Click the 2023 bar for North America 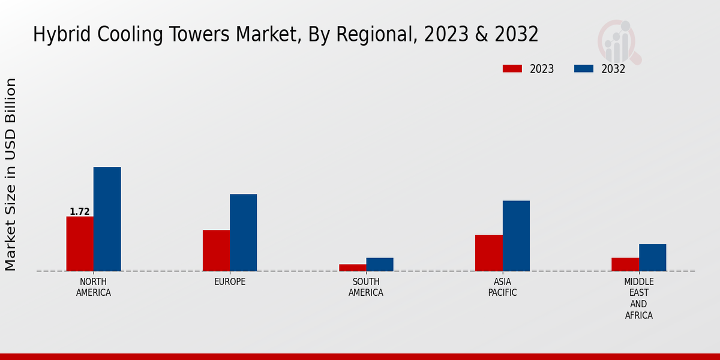coord(80,244)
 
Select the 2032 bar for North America coord(107,219)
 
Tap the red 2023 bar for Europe coord(216,250)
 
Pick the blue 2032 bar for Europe coord(243,232)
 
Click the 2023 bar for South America coord(352,268)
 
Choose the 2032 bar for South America coord(380,265)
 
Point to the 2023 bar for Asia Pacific coord(488,253)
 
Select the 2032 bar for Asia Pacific coord(516,236)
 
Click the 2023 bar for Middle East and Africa coord(625,265)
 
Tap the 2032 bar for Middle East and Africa coord(652,257)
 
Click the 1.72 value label coord(80,212)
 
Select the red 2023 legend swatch coord(512,68)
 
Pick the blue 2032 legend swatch coord(584,68)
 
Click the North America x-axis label coord(94,287)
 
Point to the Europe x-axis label coord(230,282)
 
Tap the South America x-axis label coord(366,287)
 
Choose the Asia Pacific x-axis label coord(502,287)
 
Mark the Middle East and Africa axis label coord(639,298)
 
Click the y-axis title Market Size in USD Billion coord(11,174)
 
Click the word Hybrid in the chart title coord(58,35)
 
